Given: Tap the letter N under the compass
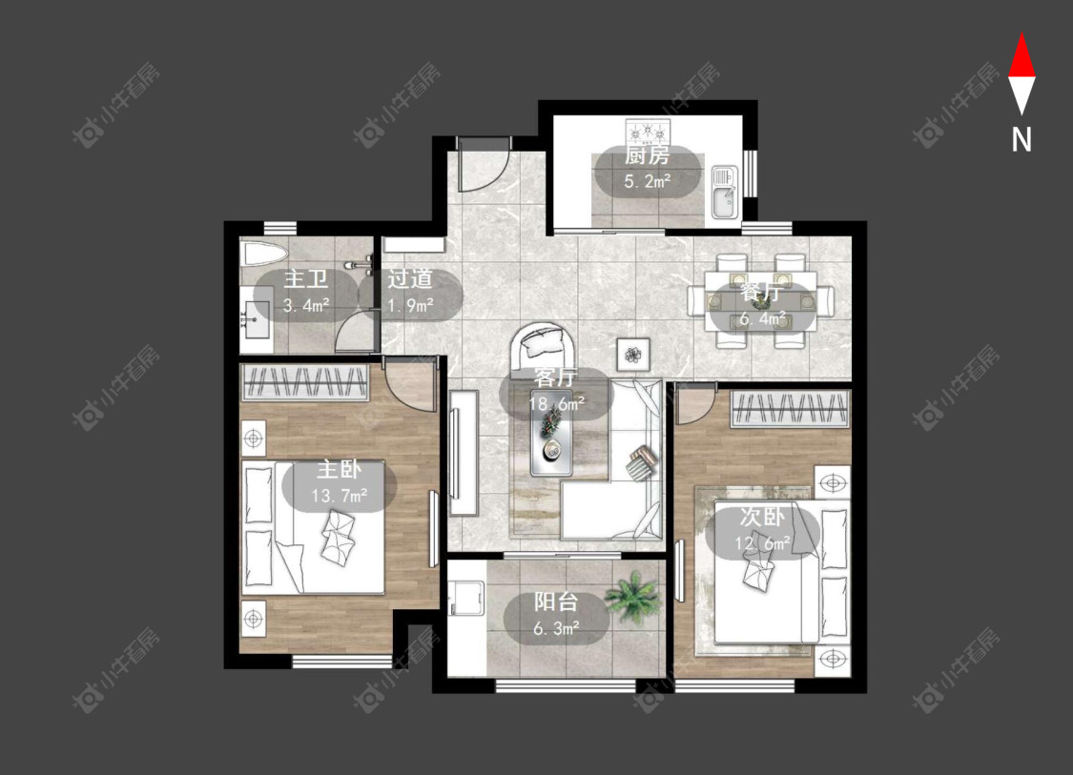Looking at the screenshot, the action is pyautogui.click(x=1021, y=139).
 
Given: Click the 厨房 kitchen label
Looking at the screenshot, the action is pyautogui.click(x=647, y=155).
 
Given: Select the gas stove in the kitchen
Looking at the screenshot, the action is pyautogui.click(x=648, y=130).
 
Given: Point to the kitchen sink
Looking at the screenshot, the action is pyautogui.click(x=723, y=193).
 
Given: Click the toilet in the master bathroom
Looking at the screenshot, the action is pyautogui.click(x=264, y=255).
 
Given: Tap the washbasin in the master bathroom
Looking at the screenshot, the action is pyautogui.click(x=257, y=319).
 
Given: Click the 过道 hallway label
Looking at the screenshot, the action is pyautogui.click(x=410, y=278).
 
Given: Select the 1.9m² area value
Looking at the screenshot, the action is pyautogui.click(x=410, y=305).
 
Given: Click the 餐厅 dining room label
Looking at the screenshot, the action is pyautogui.click(x=761, y=293).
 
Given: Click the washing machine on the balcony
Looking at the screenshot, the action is pyautogui.click(x=466, y=600).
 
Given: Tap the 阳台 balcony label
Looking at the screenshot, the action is pyautogui.click(x=556, y=602).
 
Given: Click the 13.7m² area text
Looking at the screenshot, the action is pyautogui.click(x=340, y=496).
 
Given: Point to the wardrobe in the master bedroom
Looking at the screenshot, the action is pyautogui.click(x=305, y=381).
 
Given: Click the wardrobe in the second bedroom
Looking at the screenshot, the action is pyautogui.click(x=791, y=408).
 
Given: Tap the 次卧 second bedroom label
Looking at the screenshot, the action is pyautogui.click(x=762, y=517).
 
